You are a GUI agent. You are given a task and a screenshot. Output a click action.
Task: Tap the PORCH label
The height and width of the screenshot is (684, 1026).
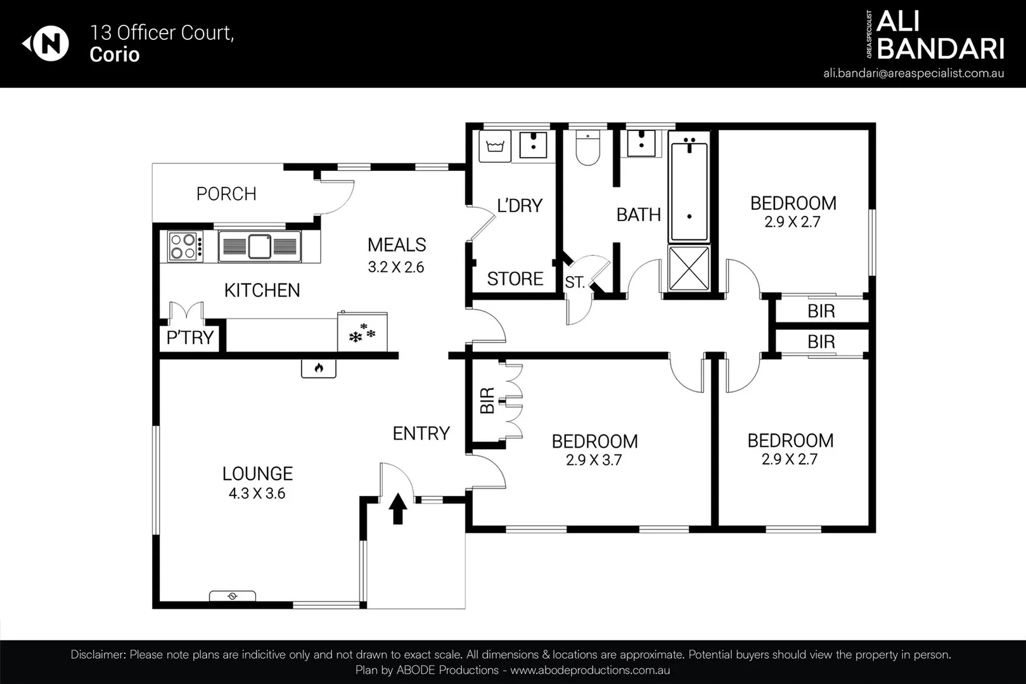[226, 194]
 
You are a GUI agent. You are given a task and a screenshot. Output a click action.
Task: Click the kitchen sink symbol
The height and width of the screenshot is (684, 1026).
[259, 246]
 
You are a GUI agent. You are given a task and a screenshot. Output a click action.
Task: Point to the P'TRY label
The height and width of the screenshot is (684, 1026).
[189, 338]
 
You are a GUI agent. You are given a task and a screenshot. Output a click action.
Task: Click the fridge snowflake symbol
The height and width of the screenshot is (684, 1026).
[362, 333]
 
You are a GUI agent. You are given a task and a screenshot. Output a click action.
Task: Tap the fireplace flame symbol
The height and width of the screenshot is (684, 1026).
[318, 368]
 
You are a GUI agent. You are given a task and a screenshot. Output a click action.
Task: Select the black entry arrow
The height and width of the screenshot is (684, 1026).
[397, 509]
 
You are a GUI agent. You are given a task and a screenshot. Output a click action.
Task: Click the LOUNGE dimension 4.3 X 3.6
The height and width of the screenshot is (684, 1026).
[257, 493]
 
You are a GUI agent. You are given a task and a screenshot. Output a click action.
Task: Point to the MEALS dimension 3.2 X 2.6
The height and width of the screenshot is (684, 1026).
[396, 267]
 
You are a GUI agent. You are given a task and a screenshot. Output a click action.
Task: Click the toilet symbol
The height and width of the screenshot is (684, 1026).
[587, 149]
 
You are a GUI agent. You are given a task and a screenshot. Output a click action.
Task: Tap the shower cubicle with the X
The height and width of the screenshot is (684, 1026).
[689, 268]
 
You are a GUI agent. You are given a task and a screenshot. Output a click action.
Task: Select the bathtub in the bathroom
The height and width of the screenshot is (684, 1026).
[689, 190]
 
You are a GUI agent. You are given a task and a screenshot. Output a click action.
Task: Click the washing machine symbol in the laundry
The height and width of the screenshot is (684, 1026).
[494, 146]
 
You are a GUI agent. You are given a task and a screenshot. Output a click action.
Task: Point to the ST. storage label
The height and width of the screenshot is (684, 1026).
[575, 282]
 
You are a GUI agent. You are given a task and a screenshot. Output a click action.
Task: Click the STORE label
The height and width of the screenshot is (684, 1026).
[515, 279]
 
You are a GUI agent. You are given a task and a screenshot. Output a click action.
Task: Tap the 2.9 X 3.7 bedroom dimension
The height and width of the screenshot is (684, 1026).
[594, 460]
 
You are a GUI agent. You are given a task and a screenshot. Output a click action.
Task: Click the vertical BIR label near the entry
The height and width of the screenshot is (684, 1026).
[487, 401]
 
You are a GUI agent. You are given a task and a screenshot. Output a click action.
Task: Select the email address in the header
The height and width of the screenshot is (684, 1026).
[913, 73]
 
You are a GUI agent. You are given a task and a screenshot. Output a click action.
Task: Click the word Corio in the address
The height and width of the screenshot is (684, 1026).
[114, 54]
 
